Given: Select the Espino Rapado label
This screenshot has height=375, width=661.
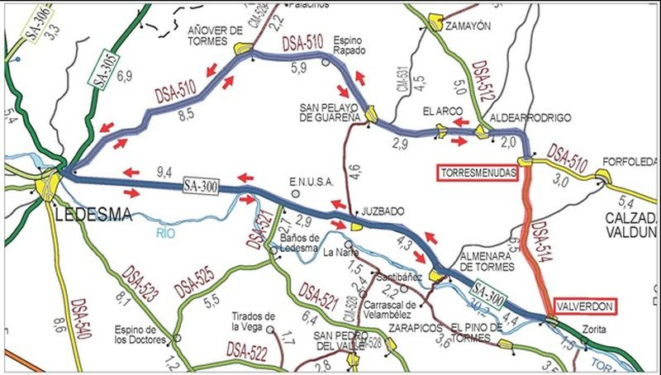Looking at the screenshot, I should [349, 45].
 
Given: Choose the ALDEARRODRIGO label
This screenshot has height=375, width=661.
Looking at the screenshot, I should [530, 118].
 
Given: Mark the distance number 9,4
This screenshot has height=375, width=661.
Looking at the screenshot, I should [164, 173].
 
